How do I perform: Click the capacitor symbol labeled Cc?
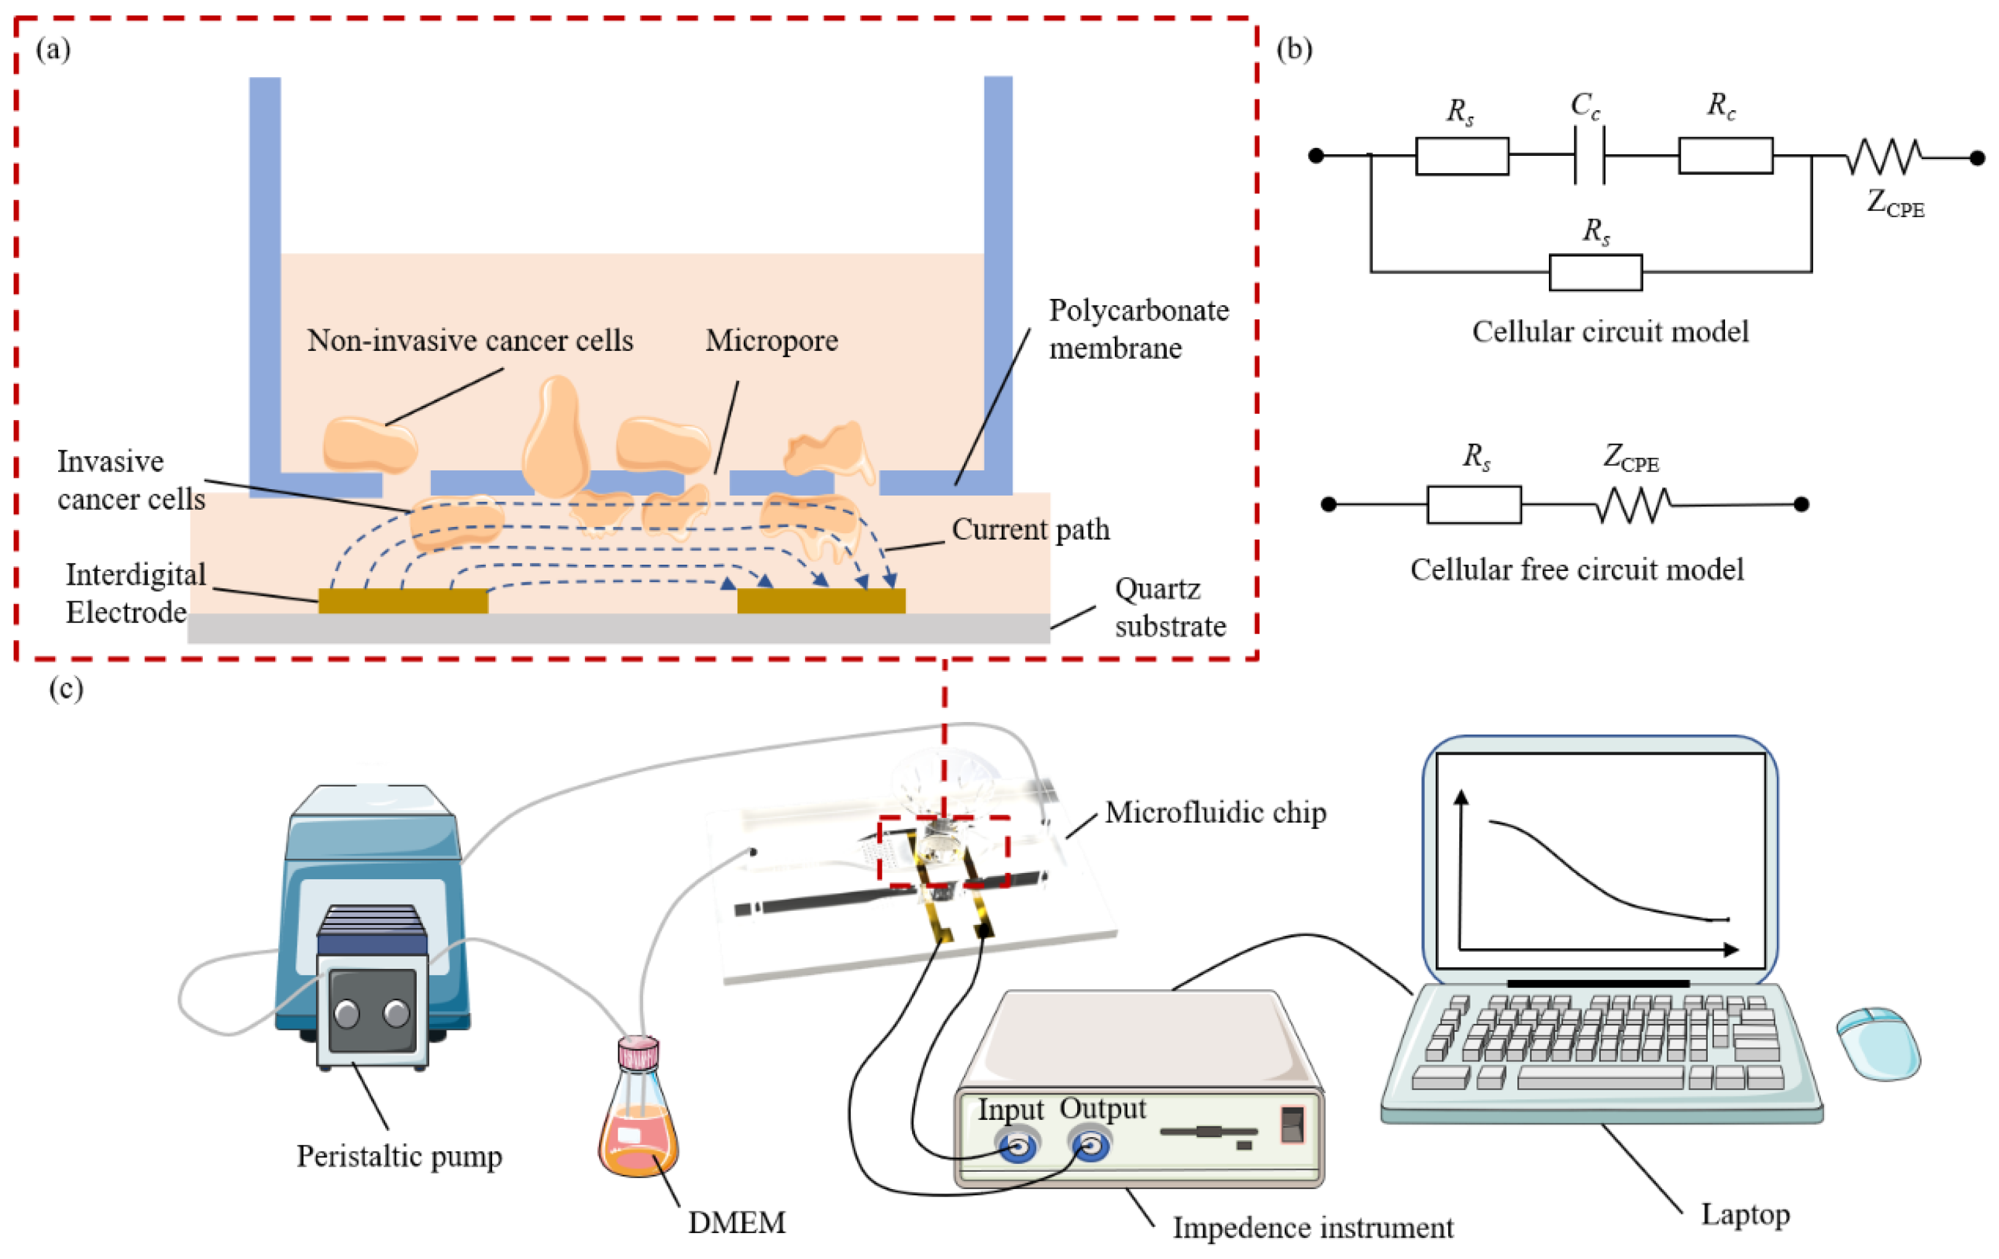pyautogui.click(x=1590, y=155)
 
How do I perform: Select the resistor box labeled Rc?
pyautogui.click(x=1725, y=155)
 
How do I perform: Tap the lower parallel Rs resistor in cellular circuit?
pyautogui.click(x=1595, y=272)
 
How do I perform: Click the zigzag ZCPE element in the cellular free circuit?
pyautogui.click(x=1633, y=505)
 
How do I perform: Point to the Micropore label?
pyautogui.click(x=771, y=340)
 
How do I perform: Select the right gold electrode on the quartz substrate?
pyautogui.click(x=821, y=601)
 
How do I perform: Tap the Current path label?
pyautogui.click(x=1030, y=529)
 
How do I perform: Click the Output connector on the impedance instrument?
pyautogui.click(x=1091, y=1147)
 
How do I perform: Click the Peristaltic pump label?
pyautogui.click(x=399, y=1156)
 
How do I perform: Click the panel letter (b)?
pyautogui.click(x=1294, y=50)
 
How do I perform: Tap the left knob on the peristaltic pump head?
pyautogui.click(x=346, y=1014)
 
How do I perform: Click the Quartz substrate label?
pyautogui.click(x=1170, y=607)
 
